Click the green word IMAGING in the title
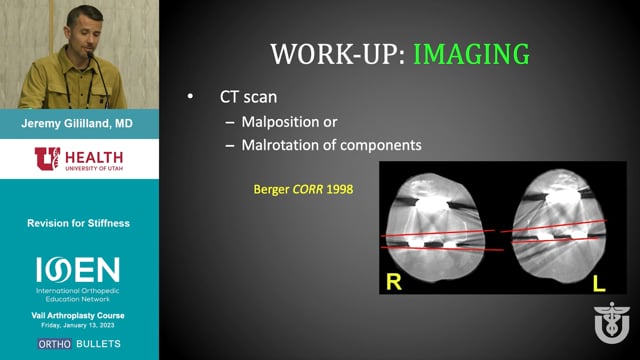click(x=471, y=54)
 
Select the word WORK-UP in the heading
click(x=338, y=54)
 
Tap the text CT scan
click(x=248, y=97)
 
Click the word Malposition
click(x=280, y=122)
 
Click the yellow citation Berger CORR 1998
click(x=303, y=189)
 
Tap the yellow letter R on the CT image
click(x=393, y=282)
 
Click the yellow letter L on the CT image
click(x=599, y=284)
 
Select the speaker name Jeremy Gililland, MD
click(x=77, y=124)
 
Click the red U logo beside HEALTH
click(x=47, y=158)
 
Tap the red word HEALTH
click(x=94, y=157)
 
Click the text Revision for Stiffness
click(x=78, y=223)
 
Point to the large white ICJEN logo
click(x=78, y=269)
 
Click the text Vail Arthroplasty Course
click(x=78, y=316)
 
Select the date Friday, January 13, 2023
click(x=78, y=325)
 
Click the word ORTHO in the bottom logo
click(x=55, y=344)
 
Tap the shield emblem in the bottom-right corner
click(x=612, y=322)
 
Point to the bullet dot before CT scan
click(x=190, y=97)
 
